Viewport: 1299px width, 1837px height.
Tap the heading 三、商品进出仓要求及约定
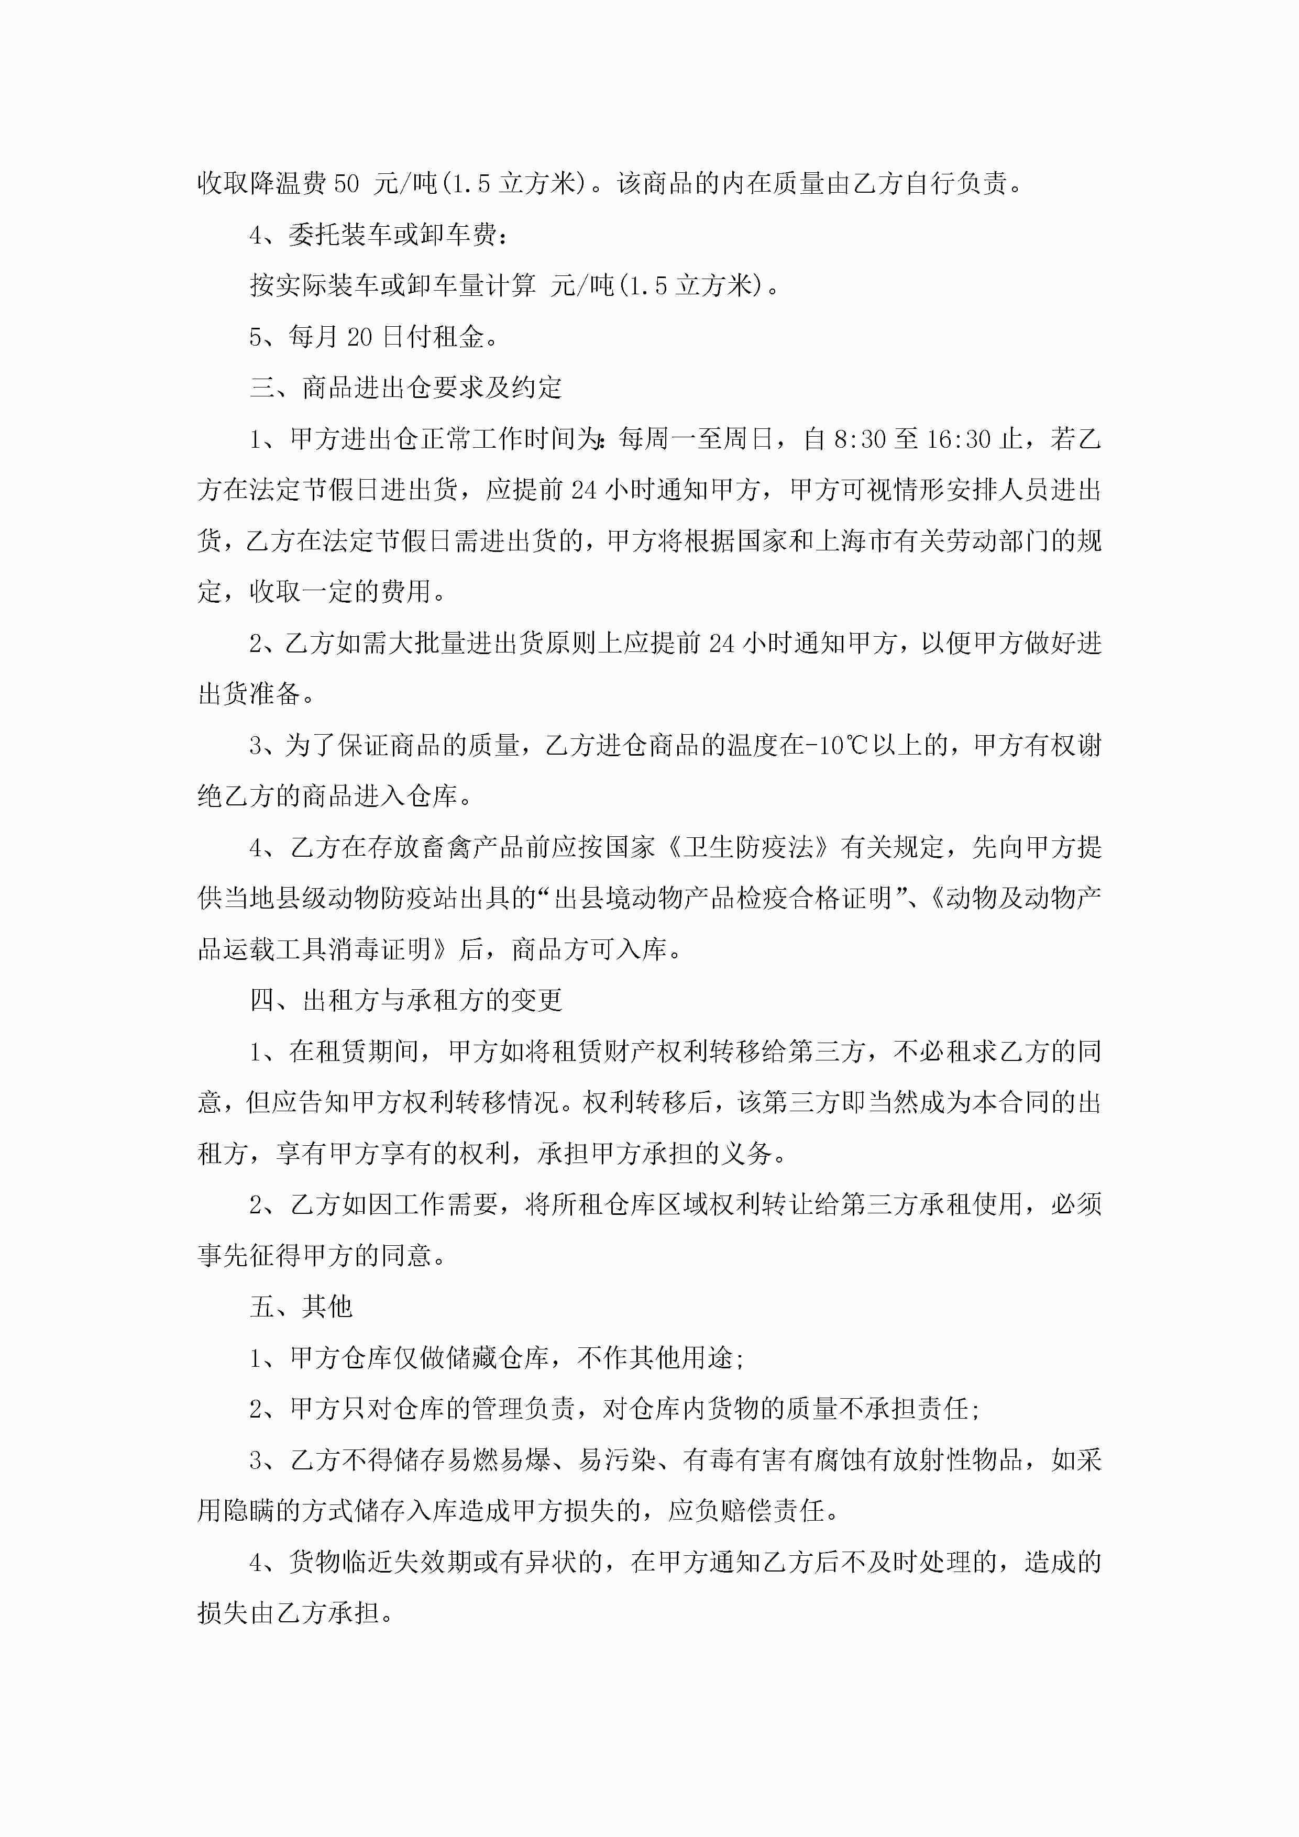click(x=406, y=388)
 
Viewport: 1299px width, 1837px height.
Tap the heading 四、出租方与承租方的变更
click(x=406, y=1001)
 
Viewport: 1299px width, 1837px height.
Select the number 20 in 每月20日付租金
click(x=359, y=337)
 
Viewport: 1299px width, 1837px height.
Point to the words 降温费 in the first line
click(x=288, y=184)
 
